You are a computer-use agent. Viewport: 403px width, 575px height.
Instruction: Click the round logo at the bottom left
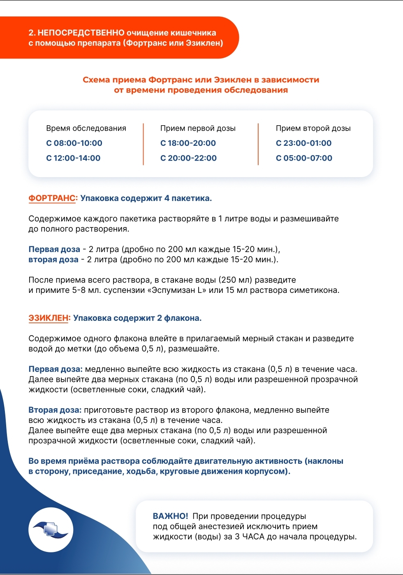point(51,530)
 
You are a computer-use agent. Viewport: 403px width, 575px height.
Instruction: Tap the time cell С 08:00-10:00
point(74,143)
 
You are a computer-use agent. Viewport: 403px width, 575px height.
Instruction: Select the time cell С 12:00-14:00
point(73,158)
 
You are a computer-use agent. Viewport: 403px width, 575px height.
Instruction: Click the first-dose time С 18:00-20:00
point(188,143)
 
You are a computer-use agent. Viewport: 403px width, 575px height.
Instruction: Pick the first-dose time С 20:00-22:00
point(188,158)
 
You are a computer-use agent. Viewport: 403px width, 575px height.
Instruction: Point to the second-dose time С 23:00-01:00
point(303,143)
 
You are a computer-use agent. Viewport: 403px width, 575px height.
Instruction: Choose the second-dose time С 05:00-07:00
point(304,158)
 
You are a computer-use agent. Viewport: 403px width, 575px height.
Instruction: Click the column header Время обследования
point(86,129)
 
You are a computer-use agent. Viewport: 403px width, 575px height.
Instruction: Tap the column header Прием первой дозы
point(198,129)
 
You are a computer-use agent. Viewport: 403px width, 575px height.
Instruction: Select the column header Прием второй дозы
point(313,129)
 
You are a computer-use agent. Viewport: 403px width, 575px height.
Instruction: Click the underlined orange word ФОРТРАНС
point(52,199)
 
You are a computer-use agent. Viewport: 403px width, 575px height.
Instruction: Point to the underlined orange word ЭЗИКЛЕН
point(49,318)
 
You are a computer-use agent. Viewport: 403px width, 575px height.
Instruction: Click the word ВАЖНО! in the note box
point(170,517)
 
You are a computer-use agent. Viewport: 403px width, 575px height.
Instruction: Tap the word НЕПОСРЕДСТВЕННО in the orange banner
point(81,33)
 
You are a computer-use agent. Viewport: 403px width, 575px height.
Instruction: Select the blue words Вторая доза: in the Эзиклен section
point(55,410)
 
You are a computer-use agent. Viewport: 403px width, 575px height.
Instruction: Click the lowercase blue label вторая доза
point(53,260)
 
